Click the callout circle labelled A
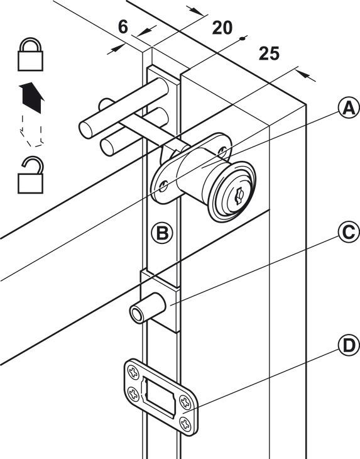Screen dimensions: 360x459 pyautogui.click(x=349, y=109)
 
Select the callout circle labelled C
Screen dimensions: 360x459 pyautogui.click(x=349, y=233)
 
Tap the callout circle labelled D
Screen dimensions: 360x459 pyautogui.click(x=349, y=346)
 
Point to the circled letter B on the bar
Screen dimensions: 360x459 pyautogui.click(x=162, y=233)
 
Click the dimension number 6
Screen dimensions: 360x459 pyautogui.click(x=123, y=26)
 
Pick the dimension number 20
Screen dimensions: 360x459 pyautogui.click(x=222, y=28)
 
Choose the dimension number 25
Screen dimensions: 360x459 pyautogui.click(x=269, y=53)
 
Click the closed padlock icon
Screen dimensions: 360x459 pyautogui.click(x=30, y=55)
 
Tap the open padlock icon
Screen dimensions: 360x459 pyautogui.click(x=30, y=175)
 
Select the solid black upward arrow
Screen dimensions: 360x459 pyautogui.click(x=32, y=97)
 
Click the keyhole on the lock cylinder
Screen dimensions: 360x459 pyautogui.click(x=239, y=196)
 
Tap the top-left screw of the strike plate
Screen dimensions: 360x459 pyautogui.click(x=133, y=372)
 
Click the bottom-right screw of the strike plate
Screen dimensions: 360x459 pyautogui.click(x=186, y=424)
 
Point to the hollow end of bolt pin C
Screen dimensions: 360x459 pyautogui.click(x=136, y=314)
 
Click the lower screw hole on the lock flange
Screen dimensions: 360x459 pyautogui.click(x=163, y=186)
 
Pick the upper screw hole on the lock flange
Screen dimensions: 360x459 pyautogui.click(x=222, y=151)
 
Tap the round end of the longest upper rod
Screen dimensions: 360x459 pyautogui.click(x=86, y=130)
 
